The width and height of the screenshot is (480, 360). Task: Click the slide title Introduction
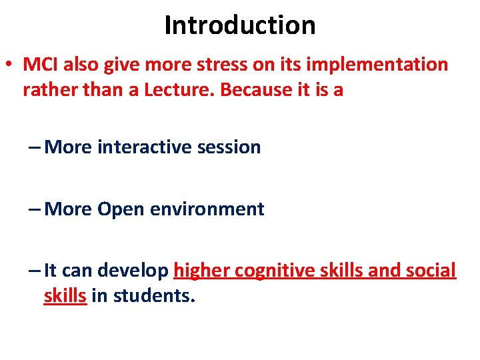click(x=240, y=25)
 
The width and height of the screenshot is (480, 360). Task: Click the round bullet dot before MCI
click(x=10, y=65)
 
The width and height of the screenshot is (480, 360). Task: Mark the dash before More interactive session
click(x=34, y=147)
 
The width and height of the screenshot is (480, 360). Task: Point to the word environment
click(x=207, y=209)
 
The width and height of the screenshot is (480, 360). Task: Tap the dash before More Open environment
click(x=34, y=209)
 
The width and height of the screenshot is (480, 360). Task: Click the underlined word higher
click(x=201, y=271)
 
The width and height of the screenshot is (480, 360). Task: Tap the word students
click(x=155, y=296)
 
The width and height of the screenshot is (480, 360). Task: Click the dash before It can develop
click(x=34, y=271)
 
